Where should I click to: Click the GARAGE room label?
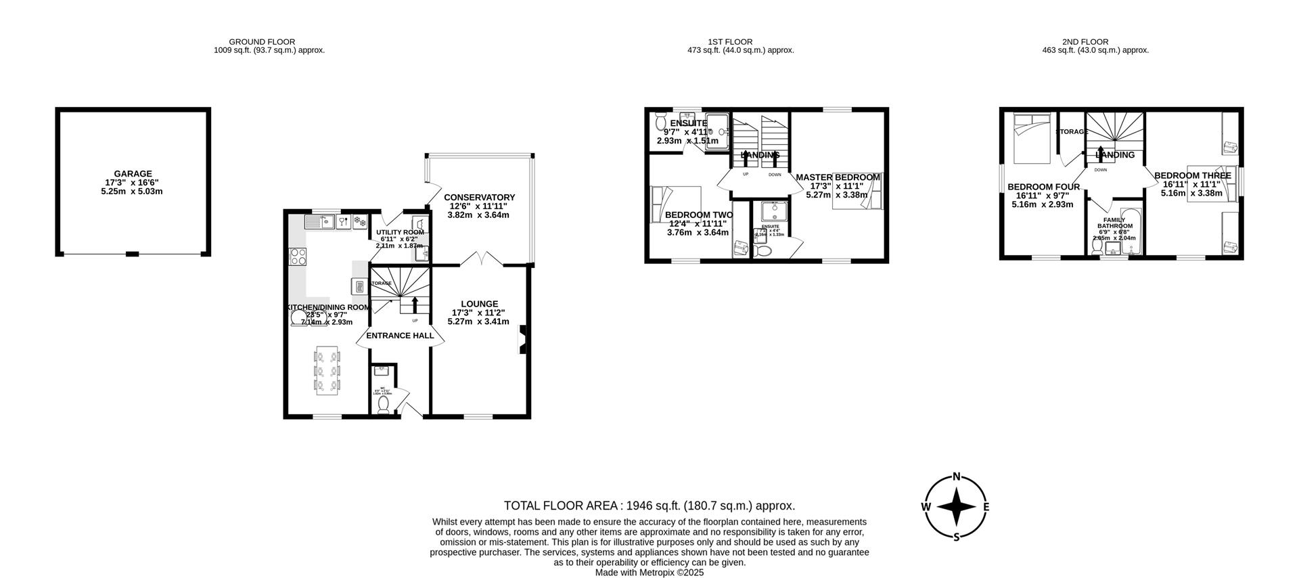133,174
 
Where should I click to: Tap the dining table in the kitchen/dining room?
327,370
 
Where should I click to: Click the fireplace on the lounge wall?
522,340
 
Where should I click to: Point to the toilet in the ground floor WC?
384,404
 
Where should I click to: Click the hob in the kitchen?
297,257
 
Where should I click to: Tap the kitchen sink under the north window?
317,221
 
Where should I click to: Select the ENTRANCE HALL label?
400,336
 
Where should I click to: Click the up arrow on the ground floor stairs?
415,304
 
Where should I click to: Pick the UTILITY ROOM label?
401,232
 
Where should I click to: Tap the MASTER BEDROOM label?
838,177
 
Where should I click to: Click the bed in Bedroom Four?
1031,139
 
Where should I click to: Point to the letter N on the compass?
957,476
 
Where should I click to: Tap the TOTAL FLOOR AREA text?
649,506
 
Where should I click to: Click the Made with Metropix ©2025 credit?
649,572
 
